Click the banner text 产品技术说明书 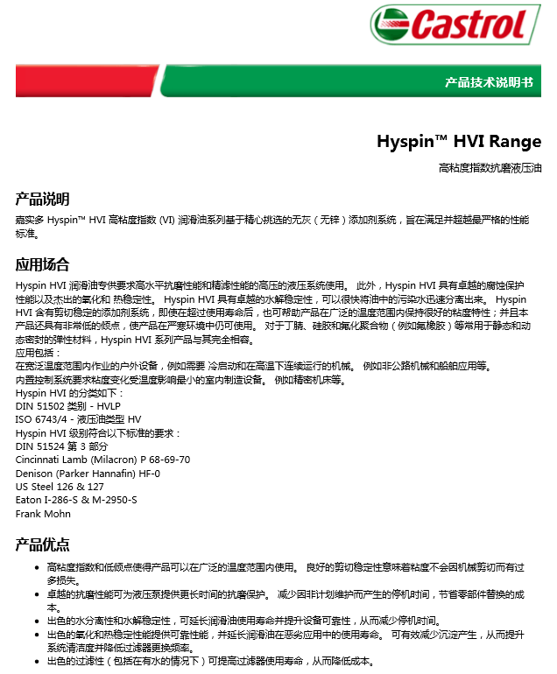(x=488, y=82)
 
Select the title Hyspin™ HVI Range (x=459, y=141)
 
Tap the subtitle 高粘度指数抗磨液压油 (x=490, y=166)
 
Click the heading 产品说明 (x=42, y=199)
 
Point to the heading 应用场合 (x=42, y=264)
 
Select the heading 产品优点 (x=42, y=544)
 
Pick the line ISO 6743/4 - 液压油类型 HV (x=78, y=419)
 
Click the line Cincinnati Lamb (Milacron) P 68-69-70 (x=102, y=460)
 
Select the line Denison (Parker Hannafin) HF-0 (x=88, y=473)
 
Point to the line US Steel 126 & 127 (x=60, y=486)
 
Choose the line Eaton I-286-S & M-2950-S (x=76, y=500)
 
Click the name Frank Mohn (x=43, y=513)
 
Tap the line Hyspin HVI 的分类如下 (x=69, y=393)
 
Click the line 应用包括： (x=36, y=353)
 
